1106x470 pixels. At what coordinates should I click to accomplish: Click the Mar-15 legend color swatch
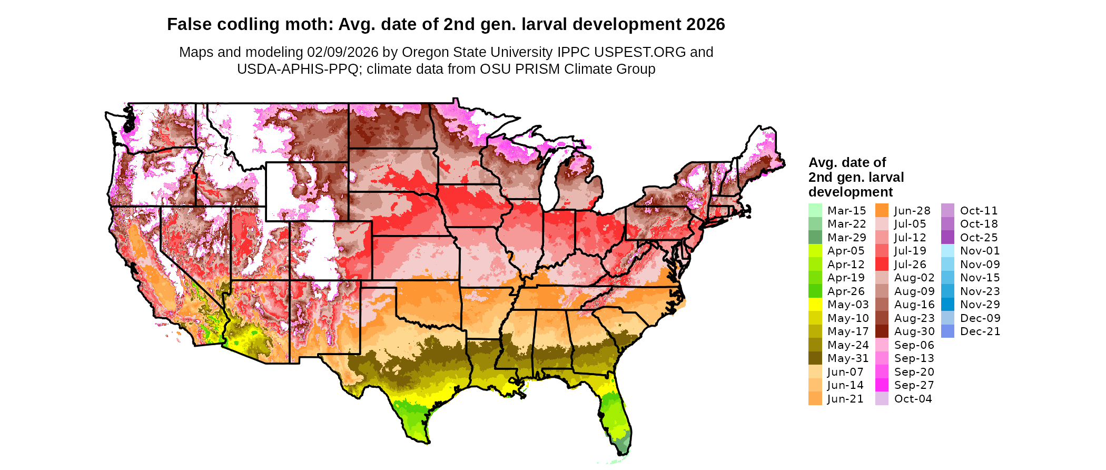[x=815, y=210]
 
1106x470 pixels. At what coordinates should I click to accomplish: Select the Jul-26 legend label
[x=910, y=265]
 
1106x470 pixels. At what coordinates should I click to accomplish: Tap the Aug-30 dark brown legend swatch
[x=882, y=331]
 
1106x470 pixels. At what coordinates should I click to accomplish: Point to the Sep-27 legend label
[x=914, y=385]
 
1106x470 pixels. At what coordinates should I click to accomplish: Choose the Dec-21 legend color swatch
[x=947, y=331]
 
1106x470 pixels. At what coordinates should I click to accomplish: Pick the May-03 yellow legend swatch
[x=815, y=305]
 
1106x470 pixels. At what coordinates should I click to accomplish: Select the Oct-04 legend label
[x=913, y=399]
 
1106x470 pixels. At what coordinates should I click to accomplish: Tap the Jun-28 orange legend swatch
[x=882, y=210]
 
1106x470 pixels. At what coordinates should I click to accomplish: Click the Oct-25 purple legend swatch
[x=947, y=237]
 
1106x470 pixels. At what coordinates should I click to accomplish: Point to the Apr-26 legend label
[x=846, y=291]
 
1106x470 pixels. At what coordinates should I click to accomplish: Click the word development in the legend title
[x=851, y=192]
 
